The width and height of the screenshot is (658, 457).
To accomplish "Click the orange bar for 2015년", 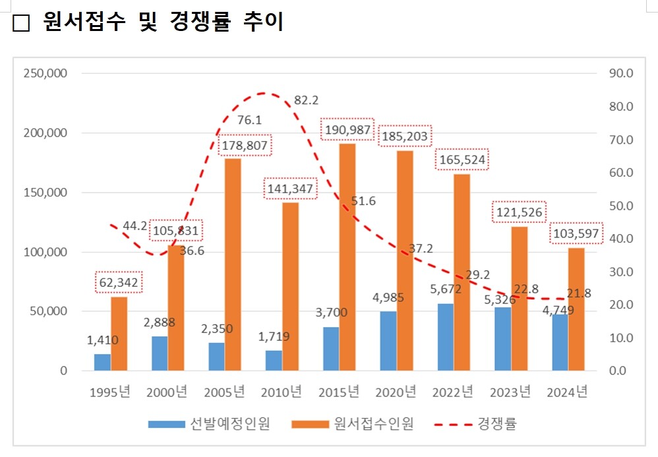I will pyautogui.click(x=347, y=257).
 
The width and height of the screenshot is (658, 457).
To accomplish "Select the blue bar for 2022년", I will pyautogui.click(x=445, y=337).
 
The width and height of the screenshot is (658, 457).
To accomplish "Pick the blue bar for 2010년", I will pyautogui.click(x=274, y=360).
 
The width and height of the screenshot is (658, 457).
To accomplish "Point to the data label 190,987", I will pyautogui.click(x=347, y=130).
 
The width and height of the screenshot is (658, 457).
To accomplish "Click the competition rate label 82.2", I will pyautogui.click(x=307, y=100).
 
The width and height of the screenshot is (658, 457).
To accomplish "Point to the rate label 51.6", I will pyautogui.click(x=363, y=201).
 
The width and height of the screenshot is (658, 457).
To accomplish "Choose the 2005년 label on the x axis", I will pyautogui.click(x=225, y=392).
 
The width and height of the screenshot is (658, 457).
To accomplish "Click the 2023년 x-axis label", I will pyautogui.click(x=510, y=392).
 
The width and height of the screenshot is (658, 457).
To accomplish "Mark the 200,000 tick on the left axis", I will pyautogui.click(x=45, y=133).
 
